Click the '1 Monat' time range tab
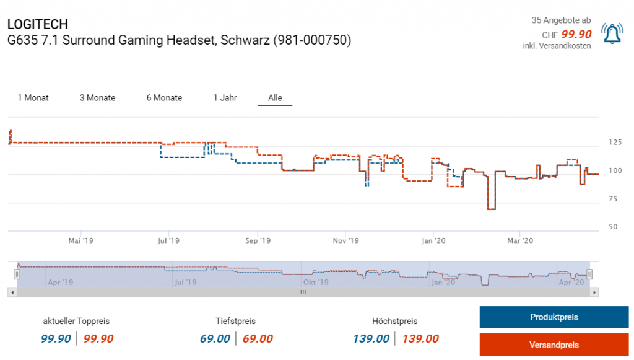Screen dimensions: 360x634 (33, 98)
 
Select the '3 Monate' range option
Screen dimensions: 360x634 (97, 98)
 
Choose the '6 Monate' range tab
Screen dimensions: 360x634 (164, 98)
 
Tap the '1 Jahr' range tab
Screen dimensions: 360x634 (225, 98)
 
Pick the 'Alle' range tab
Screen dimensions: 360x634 (275, 98)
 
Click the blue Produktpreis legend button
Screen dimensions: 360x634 (554, 317)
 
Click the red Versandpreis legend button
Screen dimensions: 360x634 (554, 345)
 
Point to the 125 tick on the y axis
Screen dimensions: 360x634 (615, 143)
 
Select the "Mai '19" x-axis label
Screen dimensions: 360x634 (80, 240)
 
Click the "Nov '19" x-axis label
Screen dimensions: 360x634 (345, 240)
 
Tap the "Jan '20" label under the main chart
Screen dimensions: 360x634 (433, 240)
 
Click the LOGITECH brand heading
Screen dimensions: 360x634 (37, 24)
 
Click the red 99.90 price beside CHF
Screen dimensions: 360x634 (576, 35)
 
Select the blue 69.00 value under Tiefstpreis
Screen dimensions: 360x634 (215, 339)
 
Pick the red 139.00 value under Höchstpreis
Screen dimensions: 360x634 (420, 339)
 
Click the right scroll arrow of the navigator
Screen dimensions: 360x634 (594, 292)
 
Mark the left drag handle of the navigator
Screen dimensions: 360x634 (17, 274)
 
